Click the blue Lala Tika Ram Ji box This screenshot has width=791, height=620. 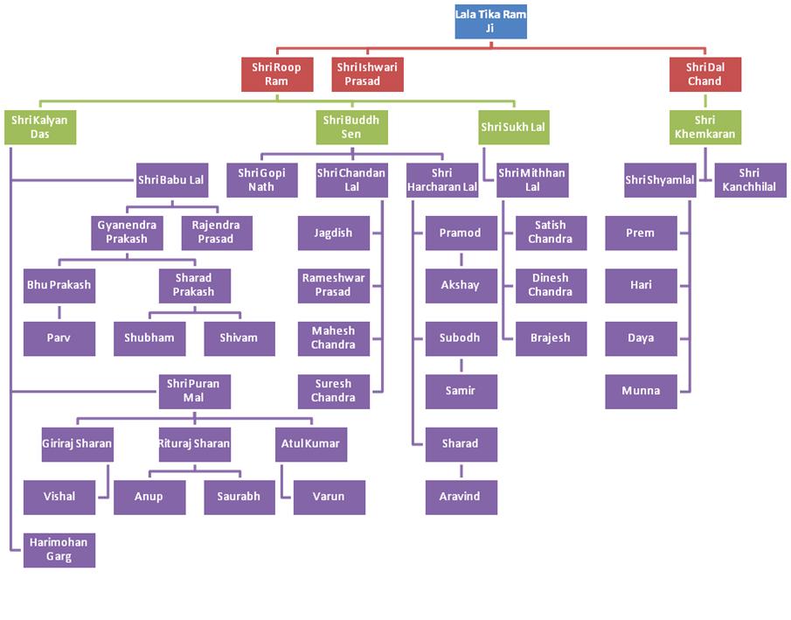click(490, 21)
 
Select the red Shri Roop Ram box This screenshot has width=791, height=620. click(277, 74)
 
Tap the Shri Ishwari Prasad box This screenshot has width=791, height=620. click(368, 74)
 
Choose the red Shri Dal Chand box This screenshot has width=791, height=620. click(704, 74)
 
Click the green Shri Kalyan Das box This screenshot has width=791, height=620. click(39, 127)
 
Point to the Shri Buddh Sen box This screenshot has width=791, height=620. click(351, 127)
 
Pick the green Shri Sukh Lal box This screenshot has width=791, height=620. click(514, 128)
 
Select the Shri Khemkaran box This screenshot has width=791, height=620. click(704, 127)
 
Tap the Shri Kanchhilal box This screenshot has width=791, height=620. click(749, 180)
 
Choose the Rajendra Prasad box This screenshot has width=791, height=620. click(216, 233)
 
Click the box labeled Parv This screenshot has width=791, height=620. click(59, 338)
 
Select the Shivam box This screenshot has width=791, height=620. click(240, 338)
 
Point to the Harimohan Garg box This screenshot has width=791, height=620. click(59, 550)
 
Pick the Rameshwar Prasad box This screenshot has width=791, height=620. click(333, 285)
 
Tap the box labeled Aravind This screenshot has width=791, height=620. click(461, 497)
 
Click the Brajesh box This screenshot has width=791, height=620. click(550, 338)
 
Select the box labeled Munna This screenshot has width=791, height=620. click(641, 391)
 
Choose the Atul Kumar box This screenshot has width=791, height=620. click(309, 443)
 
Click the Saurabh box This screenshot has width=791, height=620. click(240, 497)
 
